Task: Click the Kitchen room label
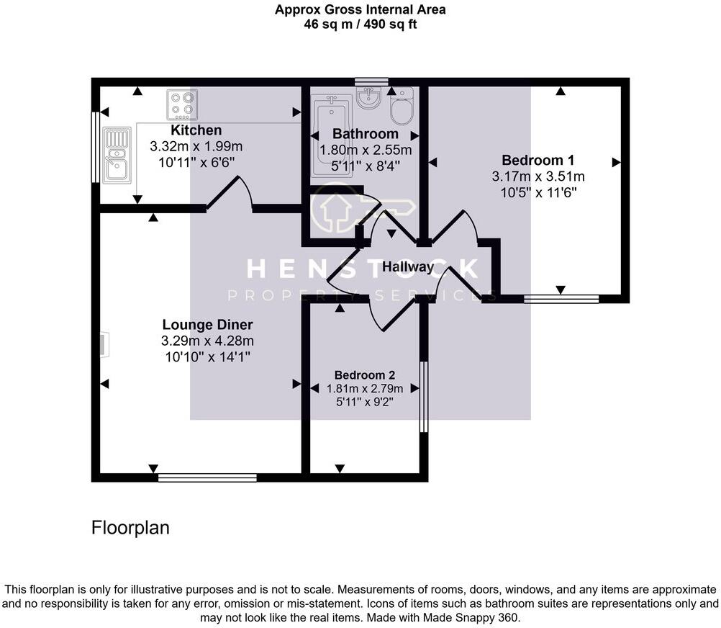tap(196, 130)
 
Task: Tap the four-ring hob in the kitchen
tap(182, 104)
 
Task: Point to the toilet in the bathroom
tap(402, 107)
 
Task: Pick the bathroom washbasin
tap(369, 98)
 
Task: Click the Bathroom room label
tap(365, 134)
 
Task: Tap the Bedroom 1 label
tap(538, 160)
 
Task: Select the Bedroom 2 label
tap(365, 375)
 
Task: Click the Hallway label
tap(408, 267)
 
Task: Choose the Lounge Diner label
tap(207, 324)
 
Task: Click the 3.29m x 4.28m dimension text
tap(207, 340)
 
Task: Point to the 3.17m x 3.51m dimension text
tap(538, 176)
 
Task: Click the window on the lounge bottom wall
tap(207, 477)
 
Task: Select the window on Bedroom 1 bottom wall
tap(561, 298)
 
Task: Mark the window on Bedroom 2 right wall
tap(424, 397)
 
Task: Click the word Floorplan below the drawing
tap(130, 528)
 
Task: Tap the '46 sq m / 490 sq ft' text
tap(360, 24)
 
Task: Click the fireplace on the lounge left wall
tap(104, 344)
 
